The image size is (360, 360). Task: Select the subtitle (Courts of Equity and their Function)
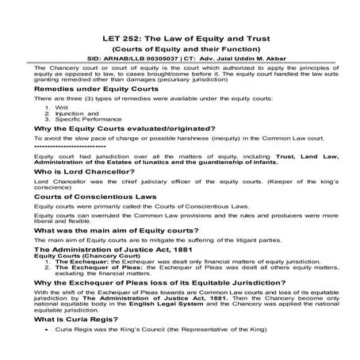[179, 48]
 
